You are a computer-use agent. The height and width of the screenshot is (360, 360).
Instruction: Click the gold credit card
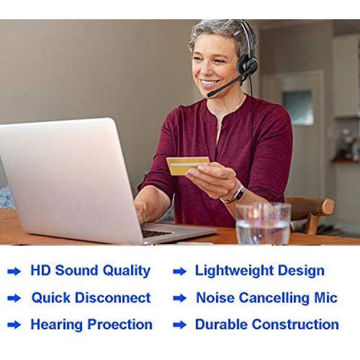point(188,166)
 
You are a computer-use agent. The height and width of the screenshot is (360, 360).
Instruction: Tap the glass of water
point(263,224)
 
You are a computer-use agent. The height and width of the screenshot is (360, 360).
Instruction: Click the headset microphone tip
point(210,94)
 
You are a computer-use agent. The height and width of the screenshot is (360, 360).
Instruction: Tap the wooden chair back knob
point(328,206)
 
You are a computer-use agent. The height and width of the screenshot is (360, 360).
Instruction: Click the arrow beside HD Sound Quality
point(14,272)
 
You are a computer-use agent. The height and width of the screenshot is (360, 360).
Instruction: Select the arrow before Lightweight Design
point(180,272)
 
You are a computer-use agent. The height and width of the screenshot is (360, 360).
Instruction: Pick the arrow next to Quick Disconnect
point(14,299)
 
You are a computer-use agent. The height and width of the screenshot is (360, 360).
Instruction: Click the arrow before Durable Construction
point(180,325)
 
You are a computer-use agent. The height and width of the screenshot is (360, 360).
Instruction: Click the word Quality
point(127,271)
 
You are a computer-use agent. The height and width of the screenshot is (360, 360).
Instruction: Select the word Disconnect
point(113,298)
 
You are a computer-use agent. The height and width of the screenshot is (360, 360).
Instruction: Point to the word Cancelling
point(274,298)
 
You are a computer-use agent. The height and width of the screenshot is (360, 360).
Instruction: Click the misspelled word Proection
point(120,324)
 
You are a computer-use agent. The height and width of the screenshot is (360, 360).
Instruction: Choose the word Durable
point(222,324)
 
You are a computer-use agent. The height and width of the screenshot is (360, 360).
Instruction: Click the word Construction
point(296,324)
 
